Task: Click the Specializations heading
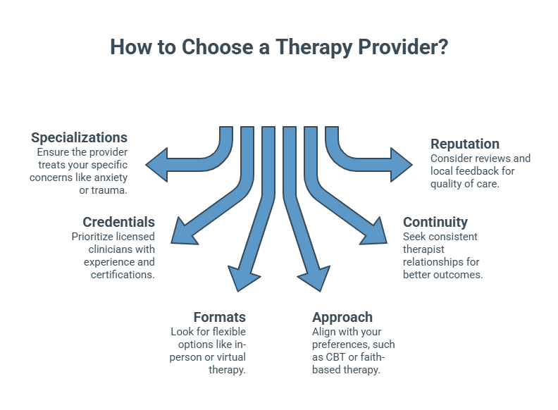pos(79,137)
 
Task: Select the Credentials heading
pos(118,222)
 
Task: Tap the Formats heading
pos(219,317)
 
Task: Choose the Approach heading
pos(342,317)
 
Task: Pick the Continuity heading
pos(435,222)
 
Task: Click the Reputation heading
pos(466,144)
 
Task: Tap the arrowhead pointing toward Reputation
pos(402,165)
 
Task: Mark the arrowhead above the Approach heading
pos(315,279)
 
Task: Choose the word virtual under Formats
pos(224,357)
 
